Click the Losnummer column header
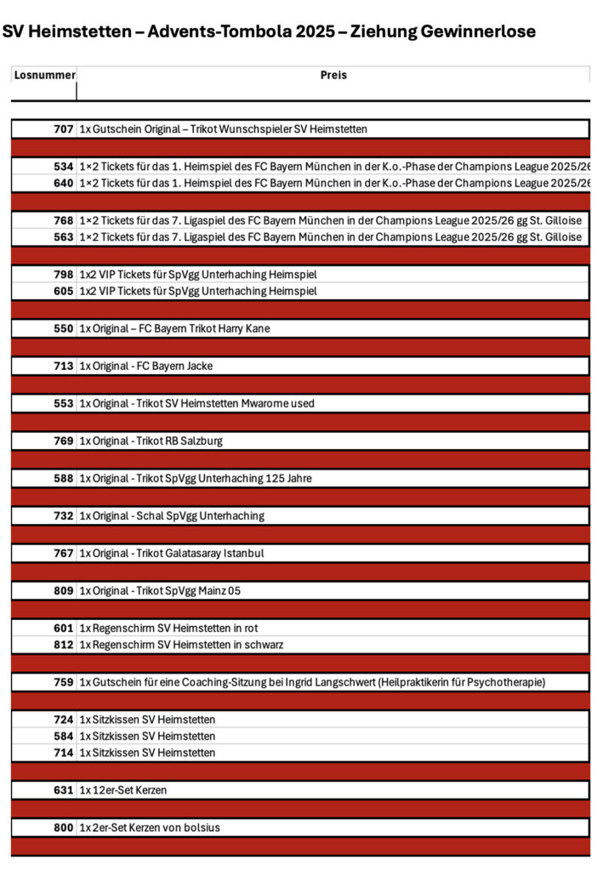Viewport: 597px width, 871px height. click(x=44, y=75)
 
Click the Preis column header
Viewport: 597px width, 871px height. click(x=333, y=75)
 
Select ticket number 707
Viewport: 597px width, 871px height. click(x=64, y=129)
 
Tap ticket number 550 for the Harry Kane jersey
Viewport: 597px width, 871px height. click(x=64, y=328)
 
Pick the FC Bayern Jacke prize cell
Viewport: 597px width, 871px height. click(x=146, y=366)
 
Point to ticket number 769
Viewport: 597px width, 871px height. click(x=64, y=441)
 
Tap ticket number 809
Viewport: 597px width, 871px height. click(x=64, y=590)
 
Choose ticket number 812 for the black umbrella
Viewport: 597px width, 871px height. click(x=64, y=645)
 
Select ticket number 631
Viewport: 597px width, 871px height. click(x=64, y=789)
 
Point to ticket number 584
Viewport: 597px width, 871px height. click(x=64, y=736)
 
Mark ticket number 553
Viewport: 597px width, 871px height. click(x=64, y=403)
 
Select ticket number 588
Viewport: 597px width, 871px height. click(x=64, y=478)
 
